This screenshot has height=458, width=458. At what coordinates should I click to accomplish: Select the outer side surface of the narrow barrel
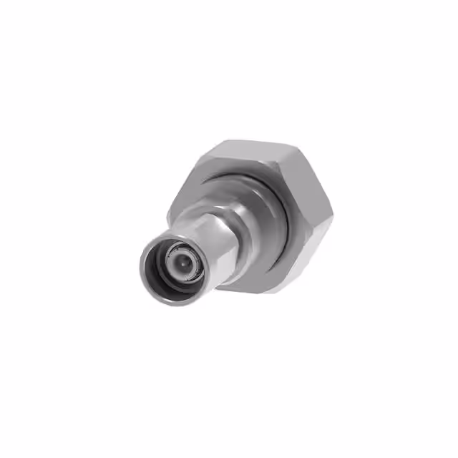[215, 247]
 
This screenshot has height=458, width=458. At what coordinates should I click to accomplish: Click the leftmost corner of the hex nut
[169, 215]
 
